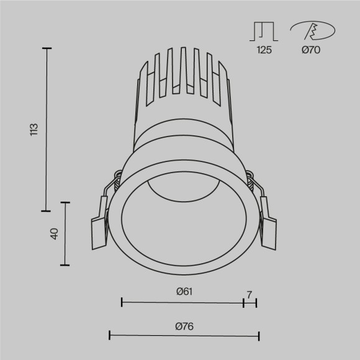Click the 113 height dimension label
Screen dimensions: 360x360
tap(35, 129)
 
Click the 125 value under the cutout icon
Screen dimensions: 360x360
tap(263, 50)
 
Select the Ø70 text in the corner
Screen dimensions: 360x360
tap(311, 50)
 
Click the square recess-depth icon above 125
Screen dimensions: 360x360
tap(263, 31)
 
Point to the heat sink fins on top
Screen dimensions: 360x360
tap(182, 74)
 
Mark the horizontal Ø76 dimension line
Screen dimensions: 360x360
tap(184, 336)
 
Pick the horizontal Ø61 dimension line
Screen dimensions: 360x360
tap(182, 302)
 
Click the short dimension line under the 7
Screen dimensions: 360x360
tap(250, 302)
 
